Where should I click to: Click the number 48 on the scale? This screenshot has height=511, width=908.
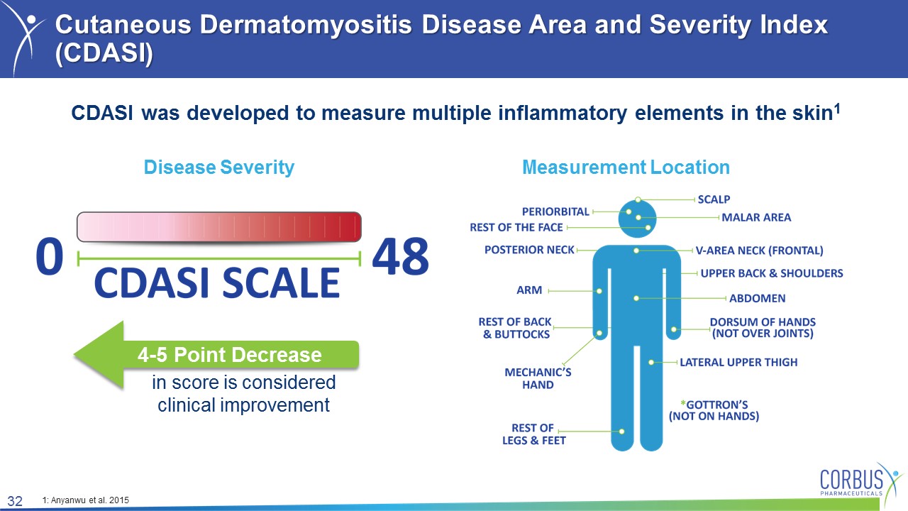click(401, 256)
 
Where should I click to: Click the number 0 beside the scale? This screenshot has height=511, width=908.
click(50, 256)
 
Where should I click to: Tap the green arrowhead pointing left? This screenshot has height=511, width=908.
click(99, 355)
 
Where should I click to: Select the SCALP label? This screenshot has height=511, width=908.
click(714, 199)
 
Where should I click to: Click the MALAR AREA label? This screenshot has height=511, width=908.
click(756, 217)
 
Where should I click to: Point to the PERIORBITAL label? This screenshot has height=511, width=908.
click(555, 211)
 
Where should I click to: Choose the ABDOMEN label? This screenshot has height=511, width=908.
click(757, 299)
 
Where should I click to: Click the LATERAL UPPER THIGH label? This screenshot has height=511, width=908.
click(738, 362)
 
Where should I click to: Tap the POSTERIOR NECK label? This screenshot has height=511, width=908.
click(529, 250)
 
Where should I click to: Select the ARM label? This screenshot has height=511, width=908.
click(529, 290)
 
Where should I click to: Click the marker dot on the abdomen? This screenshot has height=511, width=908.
click(636, 299)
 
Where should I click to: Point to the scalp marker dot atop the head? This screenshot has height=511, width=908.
click(638, 199)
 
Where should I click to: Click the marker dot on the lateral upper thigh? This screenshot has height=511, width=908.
click(651, 362)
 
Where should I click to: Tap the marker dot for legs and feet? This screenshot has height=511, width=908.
click(622, 432)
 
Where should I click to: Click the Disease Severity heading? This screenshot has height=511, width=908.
click(219, 167)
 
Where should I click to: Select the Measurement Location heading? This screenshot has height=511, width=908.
click(626, 167)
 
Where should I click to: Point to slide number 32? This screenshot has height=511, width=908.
click(15, 501)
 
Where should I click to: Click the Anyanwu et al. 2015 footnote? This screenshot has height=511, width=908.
click(86, 500)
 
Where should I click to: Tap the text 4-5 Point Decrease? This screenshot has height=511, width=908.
click(229, 355)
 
